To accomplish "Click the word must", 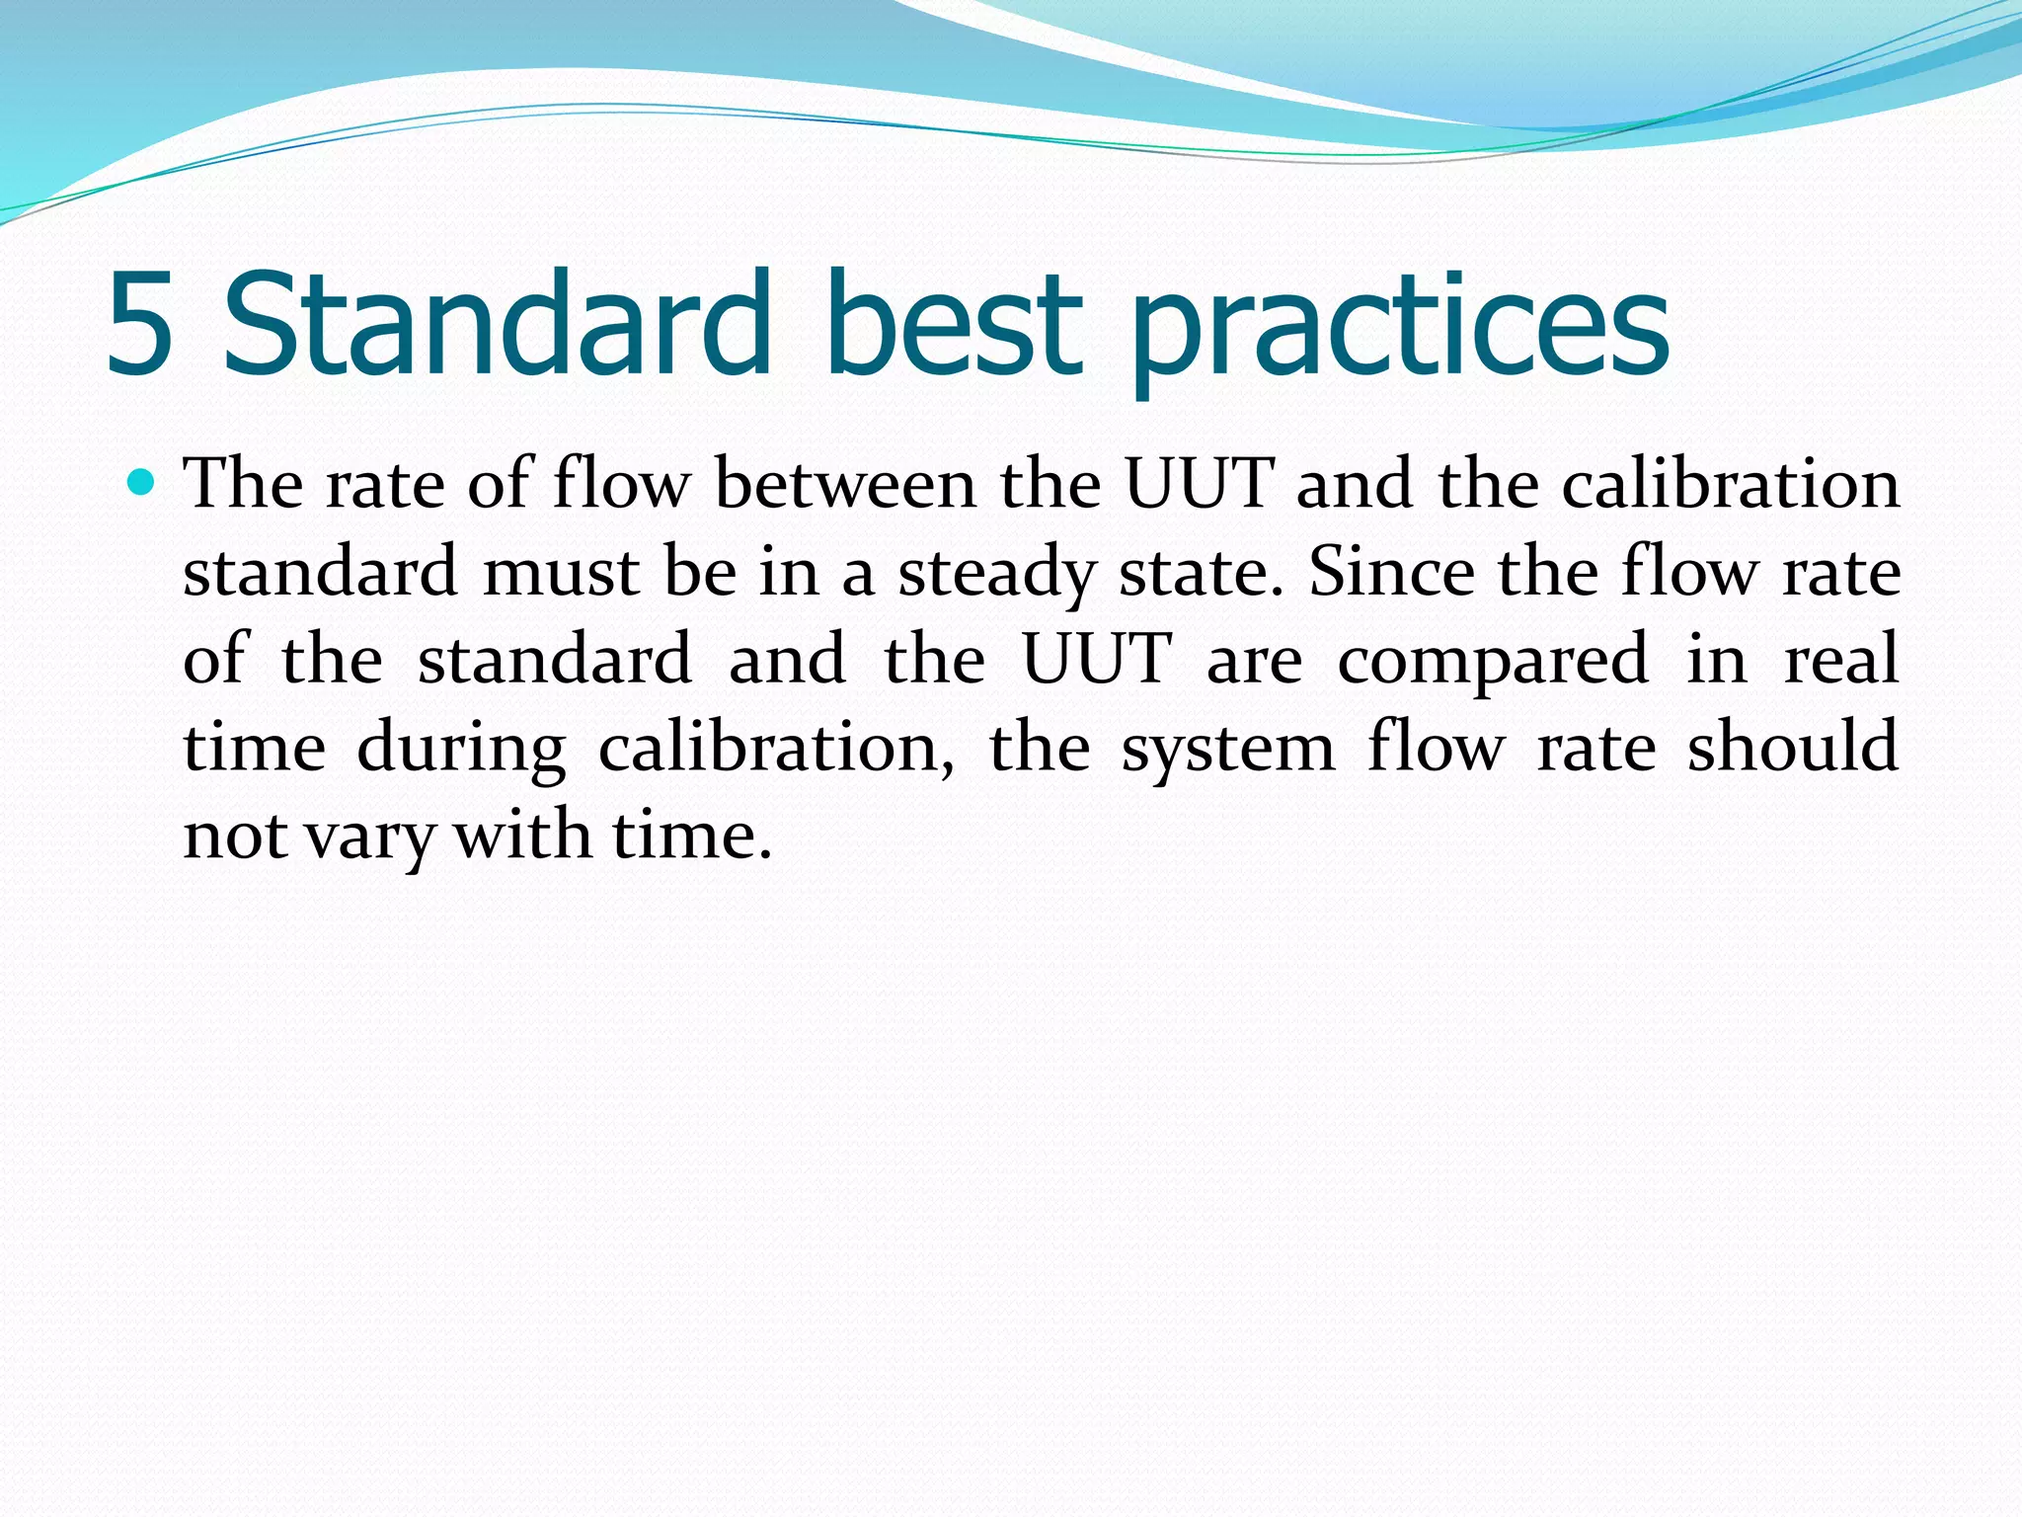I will point(560,572).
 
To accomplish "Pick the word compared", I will point(1493,661).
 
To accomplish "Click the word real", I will point(1841,659).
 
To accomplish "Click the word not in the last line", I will point(235,837).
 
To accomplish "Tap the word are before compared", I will point(1254,660).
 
